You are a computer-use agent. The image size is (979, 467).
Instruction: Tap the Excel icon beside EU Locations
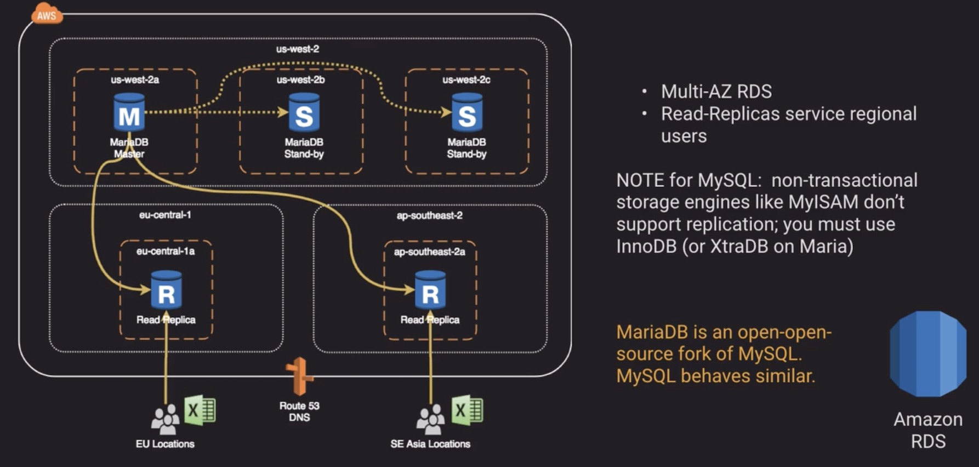(200, 410)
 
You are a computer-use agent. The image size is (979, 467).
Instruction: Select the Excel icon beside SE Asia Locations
(467, 410)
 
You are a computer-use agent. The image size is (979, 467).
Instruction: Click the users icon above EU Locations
(165, 419)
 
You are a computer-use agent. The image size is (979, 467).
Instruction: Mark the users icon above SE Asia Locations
(430, 419)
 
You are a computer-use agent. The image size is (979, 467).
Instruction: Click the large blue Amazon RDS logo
(927, 354)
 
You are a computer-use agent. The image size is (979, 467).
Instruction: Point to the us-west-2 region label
(298, 49)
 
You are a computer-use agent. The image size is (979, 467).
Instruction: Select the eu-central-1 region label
(165, 215)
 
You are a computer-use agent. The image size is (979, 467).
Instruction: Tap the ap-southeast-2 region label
(429, 215)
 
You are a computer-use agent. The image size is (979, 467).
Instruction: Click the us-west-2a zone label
(135, 80)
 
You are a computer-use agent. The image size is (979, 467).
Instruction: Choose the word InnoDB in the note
(646, 247)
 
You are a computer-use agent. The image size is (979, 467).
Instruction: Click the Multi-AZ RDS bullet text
(716, 92)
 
